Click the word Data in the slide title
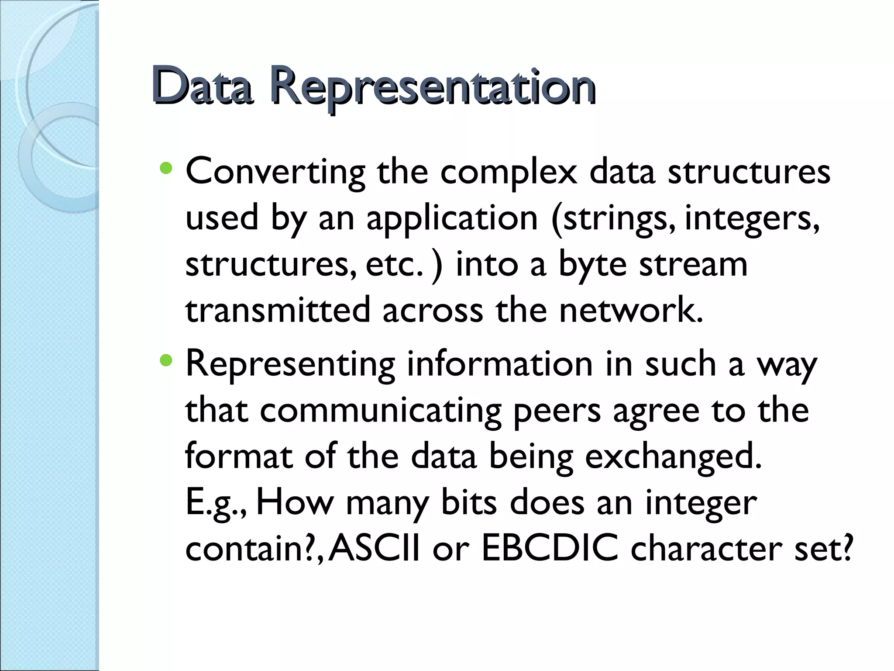coord(202,86)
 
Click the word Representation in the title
coord(432,87)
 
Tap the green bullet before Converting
coord(166,168)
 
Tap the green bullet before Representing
coord(166,360)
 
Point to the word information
coord(499,364)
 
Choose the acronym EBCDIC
coord(550,549)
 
